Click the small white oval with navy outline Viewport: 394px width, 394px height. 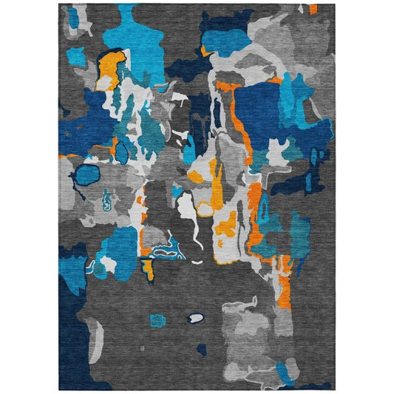(x=196, y=318)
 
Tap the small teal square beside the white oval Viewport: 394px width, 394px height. (x=157, y=320)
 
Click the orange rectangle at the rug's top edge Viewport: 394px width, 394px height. (x=313, y=9)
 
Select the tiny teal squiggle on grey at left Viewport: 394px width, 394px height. (x=108, y=199)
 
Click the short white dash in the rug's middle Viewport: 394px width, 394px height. (x=197, y=262)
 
